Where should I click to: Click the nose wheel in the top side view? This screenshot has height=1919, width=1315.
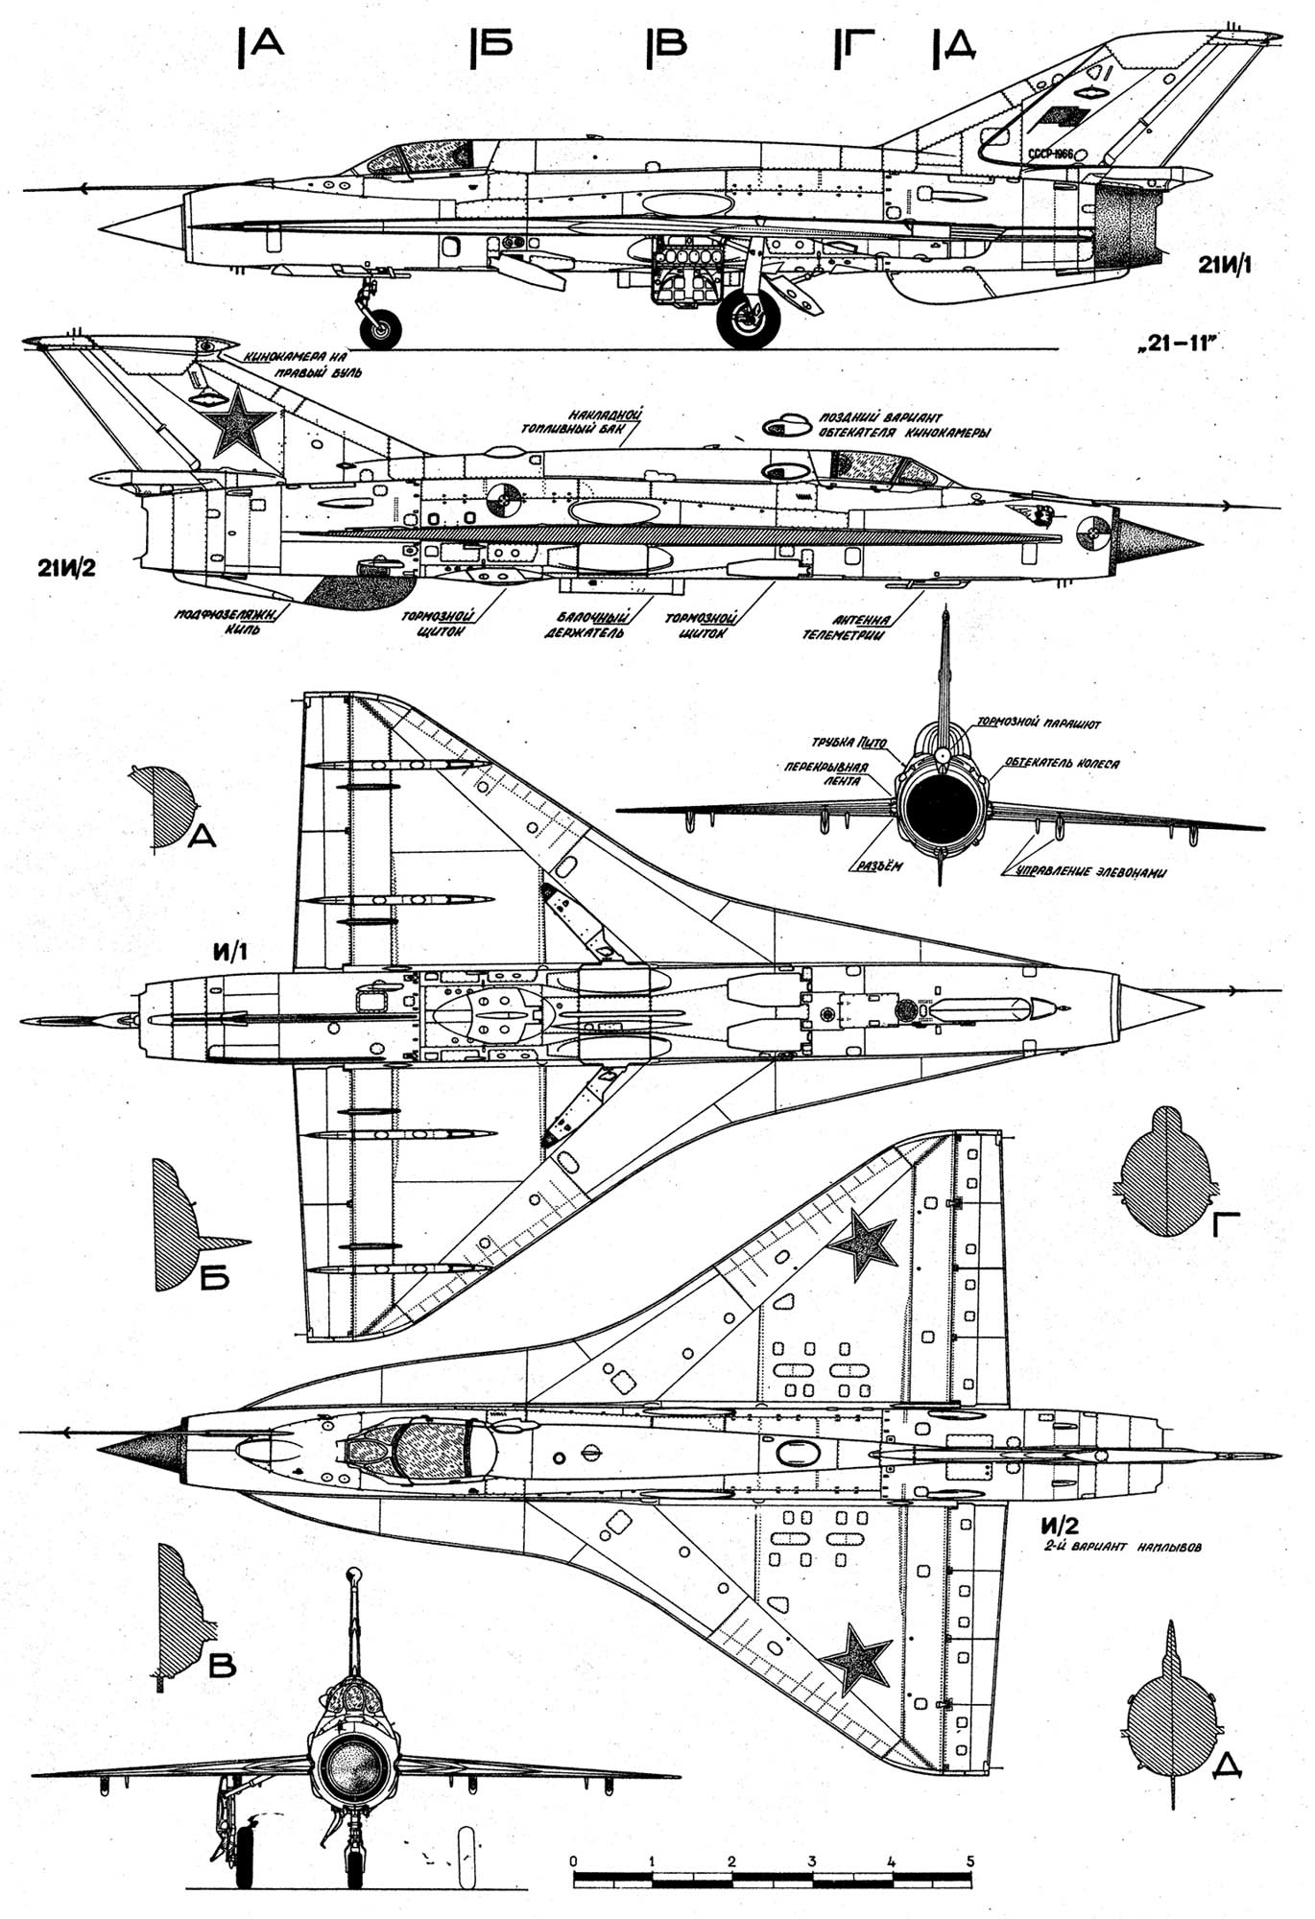(x=381, y=329)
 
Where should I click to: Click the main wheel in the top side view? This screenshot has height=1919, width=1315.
(x=749, y=319)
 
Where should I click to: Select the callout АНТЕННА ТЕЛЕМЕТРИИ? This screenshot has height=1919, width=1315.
(x=849, y=628)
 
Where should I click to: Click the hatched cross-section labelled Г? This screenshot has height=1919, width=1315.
(x=1165, y=1173)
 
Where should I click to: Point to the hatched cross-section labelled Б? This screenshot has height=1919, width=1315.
(x=175, y=1223)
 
